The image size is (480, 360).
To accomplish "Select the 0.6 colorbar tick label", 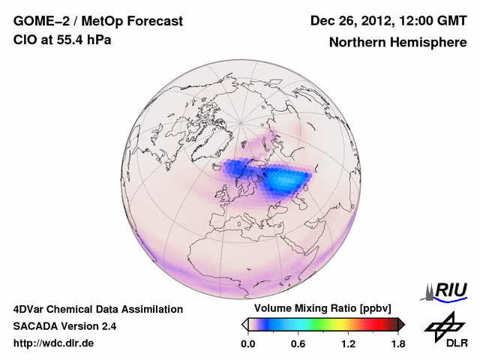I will tap(298, 343).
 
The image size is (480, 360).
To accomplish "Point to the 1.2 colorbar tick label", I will tap(347, 343).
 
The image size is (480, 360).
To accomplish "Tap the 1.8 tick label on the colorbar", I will tap(397, 343).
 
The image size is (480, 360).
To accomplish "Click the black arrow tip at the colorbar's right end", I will tap(401, 324).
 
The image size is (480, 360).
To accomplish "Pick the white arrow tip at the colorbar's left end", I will tap(244, 324).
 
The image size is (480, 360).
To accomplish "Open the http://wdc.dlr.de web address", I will tap(54, 343).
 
